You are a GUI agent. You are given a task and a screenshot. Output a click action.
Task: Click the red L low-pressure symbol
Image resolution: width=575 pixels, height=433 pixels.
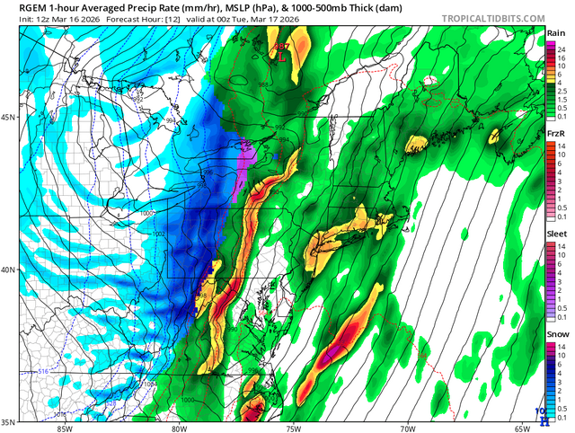282,55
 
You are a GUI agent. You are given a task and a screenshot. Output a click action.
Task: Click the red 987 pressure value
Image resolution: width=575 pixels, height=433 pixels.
281,46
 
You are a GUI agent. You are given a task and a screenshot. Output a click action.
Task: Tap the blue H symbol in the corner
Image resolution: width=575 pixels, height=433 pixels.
542,415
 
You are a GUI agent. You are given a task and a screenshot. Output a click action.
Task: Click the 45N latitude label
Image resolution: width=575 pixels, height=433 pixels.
9,117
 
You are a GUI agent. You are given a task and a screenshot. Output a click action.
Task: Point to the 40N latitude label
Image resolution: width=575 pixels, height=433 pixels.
9,270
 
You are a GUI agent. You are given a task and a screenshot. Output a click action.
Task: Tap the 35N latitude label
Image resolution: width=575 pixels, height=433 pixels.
9,421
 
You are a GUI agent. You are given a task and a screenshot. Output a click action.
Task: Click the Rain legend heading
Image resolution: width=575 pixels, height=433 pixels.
554,33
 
